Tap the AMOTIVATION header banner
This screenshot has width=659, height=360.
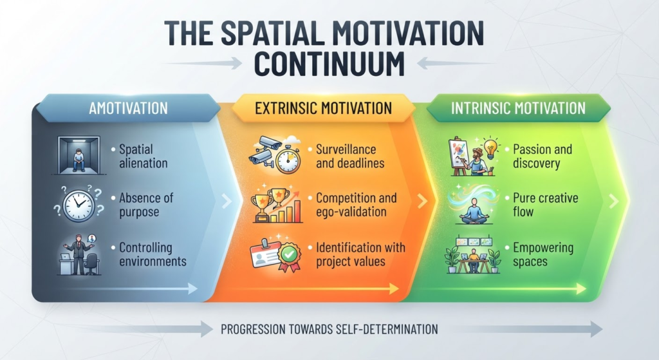(128, 108)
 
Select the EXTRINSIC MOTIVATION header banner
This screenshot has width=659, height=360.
(323, 108)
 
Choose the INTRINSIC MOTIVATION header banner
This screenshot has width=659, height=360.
(518, 108)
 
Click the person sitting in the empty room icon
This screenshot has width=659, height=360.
(79, 155)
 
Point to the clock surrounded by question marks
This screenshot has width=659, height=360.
(79, 204)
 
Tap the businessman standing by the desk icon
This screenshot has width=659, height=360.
(79, 254)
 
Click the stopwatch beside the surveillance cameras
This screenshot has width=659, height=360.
(288, 160)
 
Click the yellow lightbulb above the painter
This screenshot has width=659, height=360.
(490, 147)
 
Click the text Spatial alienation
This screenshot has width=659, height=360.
(143, 156)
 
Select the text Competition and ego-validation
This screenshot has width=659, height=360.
(356, 205)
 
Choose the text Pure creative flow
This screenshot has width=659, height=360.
(545, 205)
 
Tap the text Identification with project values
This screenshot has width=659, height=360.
(360, 254)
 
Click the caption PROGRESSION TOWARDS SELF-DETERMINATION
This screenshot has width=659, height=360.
(329, 329)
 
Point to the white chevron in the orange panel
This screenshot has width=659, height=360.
(422, 201)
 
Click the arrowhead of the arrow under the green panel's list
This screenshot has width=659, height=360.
(581, 289)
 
